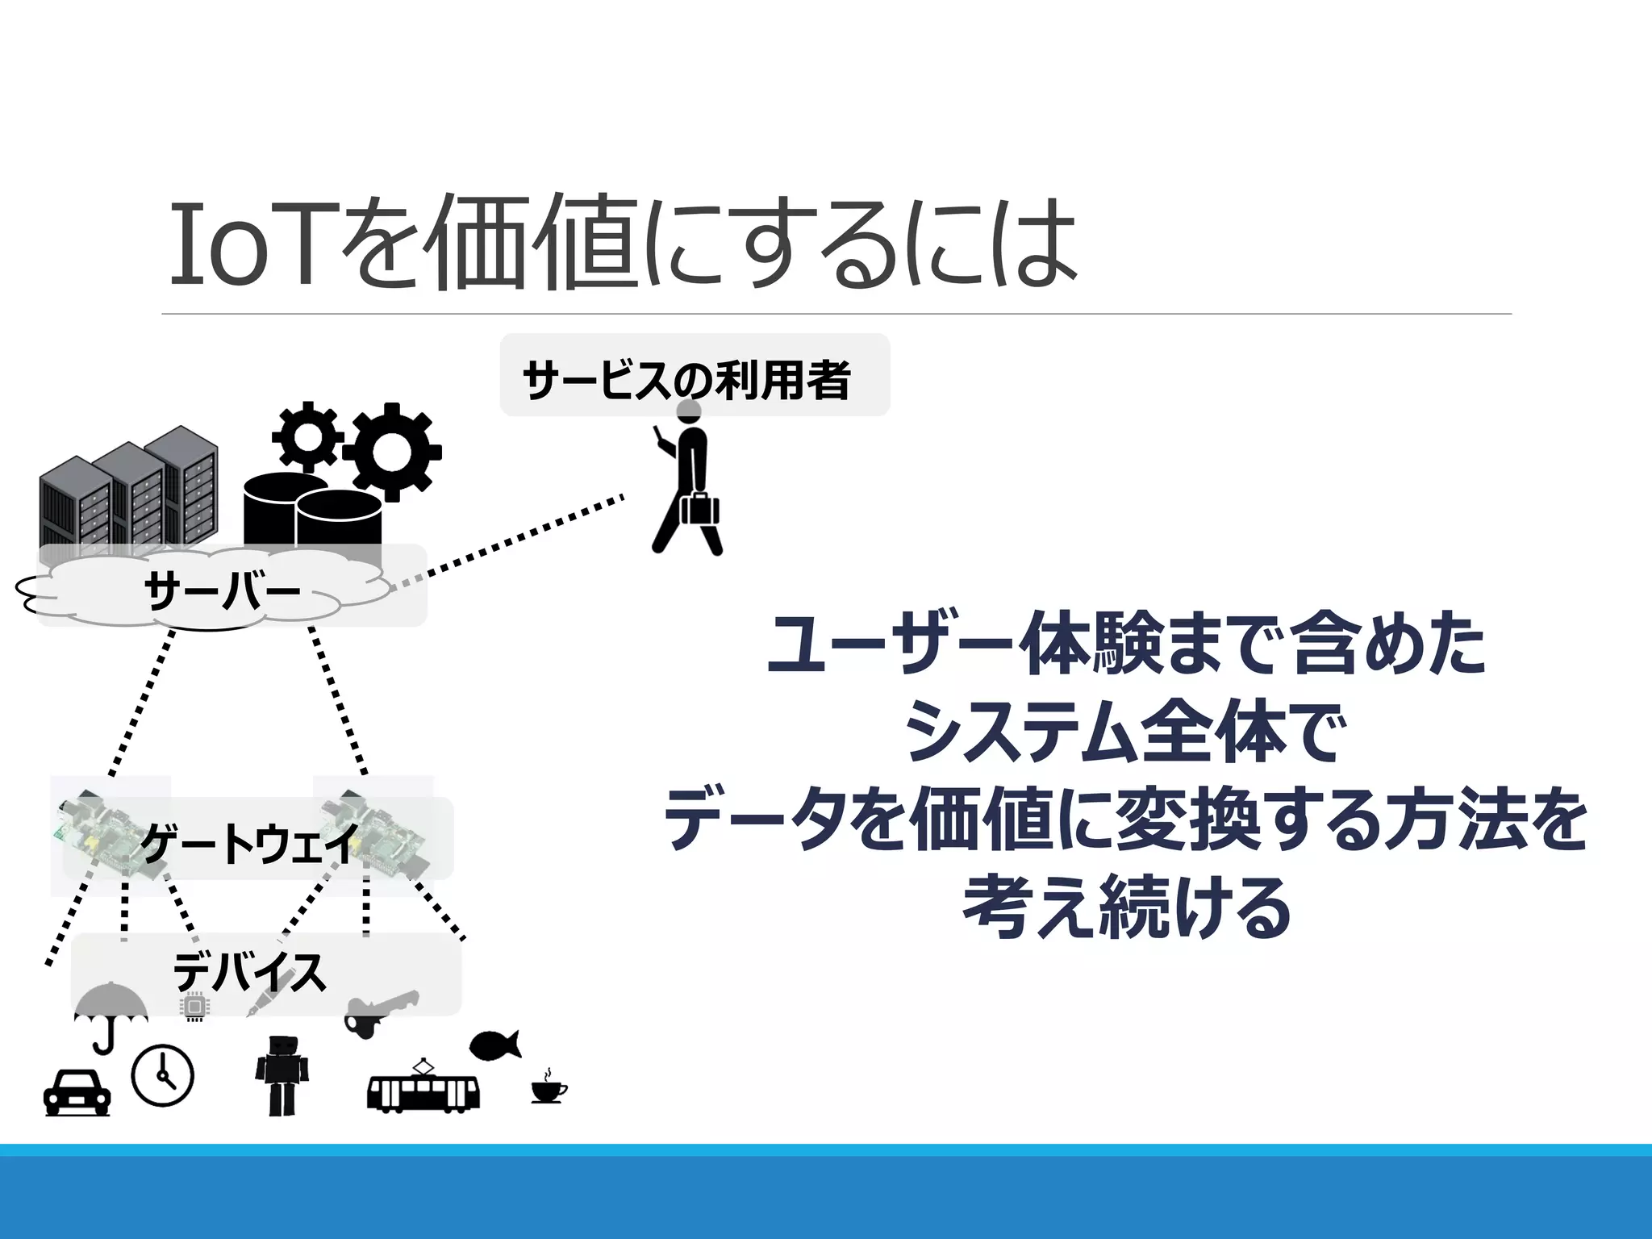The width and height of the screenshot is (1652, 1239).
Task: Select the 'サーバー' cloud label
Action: tap(222, 591)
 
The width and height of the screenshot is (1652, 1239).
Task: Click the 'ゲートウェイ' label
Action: tap(250, 843)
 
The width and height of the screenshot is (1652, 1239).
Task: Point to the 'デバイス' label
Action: tap(250, 972)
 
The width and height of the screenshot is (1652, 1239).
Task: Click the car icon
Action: tap(77, 1092)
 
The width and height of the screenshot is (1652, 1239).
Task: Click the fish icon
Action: tap(494, 1046)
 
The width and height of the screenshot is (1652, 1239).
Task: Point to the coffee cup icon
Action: tap(549, 1089)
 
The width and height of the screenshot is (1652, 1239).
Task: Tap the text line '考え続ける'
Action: tap(1127, 908)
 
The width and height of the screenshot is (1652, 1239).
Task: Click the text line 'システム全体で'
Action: tap(1127, 732)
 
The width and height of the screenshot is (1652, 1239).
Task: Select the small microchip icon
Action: tap(194, 1007)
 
